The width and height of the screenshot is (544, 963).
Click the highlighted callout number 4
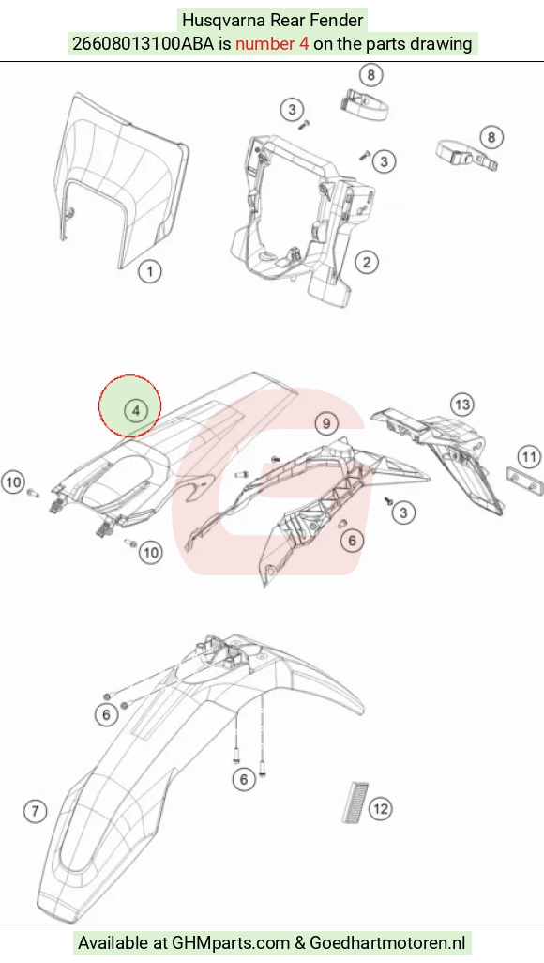pyautogui.click(x=136, y=409)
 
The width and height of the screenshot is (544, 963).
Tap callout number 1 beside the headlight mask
pyautogui.click(x=150, y=271)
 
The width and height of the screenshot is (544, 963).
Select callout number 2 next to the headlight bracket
pyautogui.click(x=367, y=262)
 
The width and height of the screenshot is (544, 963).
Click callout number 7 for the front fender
pyautogui.click(x=35, y=811)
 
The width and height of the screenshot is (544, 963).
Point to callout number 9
pyautogui.click(x=326, y=423)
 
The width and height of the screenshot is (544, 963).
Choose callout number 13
pyautogui.click(x=462, y=405)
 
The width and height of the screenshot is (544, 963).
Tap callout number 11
pyautogui.click(x=529, y=457)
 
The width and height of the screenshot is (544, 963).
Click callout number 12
pyautogui.click(x=381, y=808)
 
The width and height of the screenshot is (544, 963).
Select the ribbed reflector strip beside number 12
pyautogui.click(x=355, y=802)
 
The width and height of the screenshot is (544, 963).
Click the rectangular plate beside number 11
pyautogui.click(x=524, y=480)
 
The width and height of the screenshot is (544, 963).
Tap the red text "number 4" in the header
pyautogui.click(x=272, y=44)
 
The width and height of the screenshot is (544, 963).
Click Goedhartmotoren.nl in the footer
pyautogui.click(x=387, y=942)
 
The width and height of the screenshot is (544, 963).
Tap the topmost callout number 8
pyautogui.click(x=370, y=75)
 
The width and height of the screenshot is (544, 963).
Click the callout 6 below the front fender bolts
pyautogui.click(x=244, y=779)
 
